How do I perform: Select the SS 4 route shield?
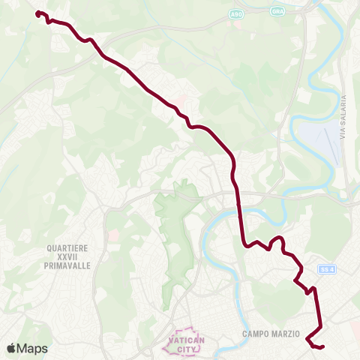[x=325, y=269]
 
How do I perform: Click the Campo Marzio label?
[x=271, y=334]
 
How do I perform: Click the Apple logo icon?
[x=11, y=348]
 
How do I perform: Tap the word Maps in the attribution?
[x=32, y=348]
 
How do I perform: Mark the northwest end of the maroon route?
[x=38, y=13]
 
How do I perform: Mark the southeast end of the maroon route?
[x=322, y=347]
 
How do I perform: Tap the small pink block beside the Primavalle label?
[x=114, y=235]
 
